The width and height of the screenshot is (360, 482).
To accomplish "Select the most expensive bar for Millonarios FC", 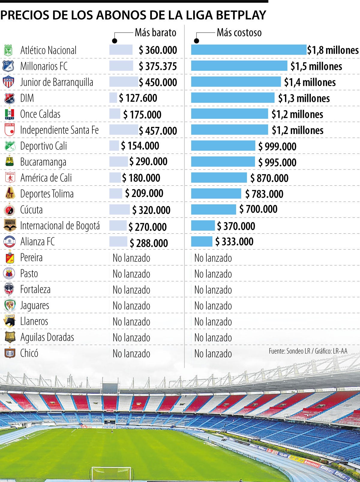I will coord(239,66).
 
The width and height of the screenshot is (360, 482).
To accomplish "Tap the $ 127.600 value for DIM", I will coord(138,98).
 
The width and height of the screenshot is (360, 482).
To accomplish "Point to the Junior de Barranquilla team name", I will coord(57,82).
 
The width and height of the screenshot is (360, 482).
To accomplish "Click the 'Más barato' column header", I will coord(155,32).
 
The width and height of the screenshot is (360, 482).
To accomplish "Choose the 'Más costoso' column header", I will coord(239,32).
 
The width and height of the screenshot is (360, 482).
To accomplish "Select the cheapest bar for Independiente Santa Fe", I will coord(123,130).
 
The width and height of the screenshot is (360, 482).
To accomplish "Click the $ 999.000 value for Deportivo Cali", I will coord(277,146).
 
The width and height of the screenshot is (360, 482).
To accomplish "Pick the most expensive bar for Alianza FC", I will coord(202,241).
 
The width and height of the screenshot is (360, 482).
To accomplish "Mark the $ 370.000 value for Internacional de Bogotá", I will coord(236,226).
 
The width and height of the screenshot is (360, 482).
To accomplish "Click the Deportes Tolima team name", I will coord(47,194).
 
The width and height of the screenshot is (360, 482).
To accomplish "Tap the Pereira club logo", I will coord(9,258).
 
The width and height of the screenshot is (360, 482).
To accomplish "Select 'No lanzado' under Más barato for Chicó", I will coord(131,354).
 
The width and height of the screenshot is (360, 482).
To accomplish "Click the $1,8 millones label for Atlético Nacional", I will coord(333,50).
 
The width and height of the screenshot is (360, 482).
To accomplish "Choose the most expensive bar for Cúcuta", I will coord(214,210).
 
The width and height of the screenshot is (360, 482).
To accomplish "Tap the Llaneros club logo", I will coord(9,322).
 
